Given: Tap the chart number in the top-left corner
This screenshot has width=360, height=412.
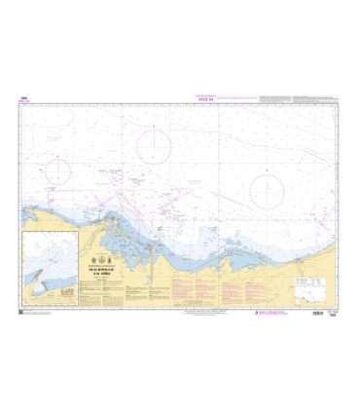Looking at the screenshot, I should (23, 94).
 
